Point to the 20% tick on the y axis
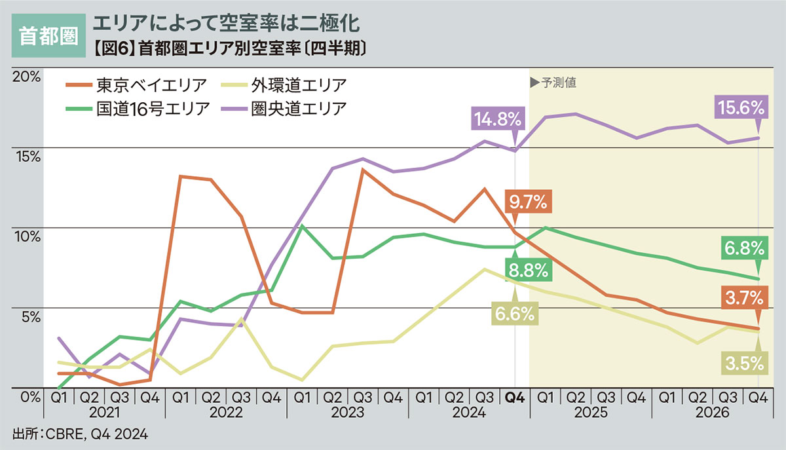click(26, 76)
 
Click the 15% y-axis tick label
click(26, 156)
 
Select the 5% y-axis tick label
click(29, 316)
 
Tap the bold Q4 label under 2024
click(515, 398)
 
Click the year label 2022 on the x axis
click(226, 413)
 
